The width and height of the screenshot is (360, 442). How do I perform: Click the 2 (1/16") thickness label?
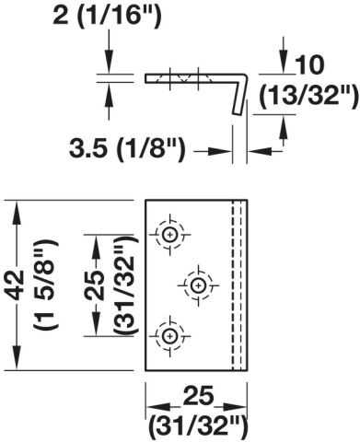tap(107, 16)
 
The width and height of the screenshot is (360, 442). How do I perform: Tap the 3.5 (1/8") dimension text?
tap(127, 149)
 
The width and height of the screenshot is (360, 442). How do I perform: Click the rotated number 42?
tap(16, 285)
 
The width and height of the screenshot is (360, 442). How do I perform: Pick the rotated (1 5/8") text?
tap(47, 285)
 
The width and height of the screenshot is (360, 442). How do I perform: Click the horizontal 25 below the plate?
tap(199, 396)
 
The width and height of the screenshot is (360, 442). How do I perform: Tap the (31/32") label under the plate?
tap(198, 428)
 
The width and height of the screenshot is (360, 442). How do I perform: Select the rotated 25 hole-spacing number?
tap(95, 285)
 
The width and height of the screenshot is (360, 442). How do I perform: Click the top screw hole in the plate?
tap(169, 235)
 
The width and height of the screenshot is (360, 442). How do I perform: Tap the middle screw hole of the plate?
tap(198, 285)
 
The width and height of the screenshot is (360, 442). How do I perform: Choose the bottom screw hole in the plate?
tap(169, 336)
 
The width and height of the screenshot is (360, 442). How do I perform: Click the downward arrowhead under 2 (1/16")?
tap(109, 62)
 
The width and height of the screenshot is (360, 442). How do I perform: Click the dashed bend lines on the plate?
tap(237, 285)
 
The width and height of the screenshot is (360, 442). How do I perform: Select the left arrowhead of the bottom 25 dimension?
tap(158, 407)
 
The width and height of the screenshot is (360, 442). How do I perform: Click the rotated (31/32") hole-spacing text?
tap(125, 285)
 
